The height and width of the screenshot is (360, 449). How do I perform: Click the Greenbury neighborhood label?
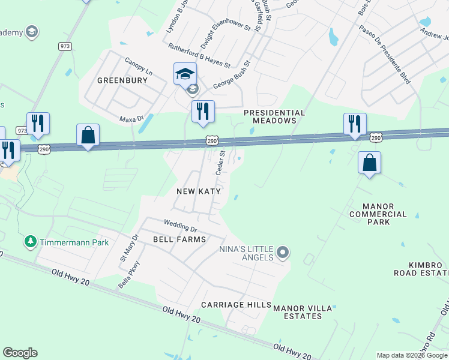pyautogui.click(x=122, y=80)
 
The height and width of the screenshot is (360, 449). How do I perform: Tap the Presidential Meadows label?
pyautogui.click(x=274, y=116)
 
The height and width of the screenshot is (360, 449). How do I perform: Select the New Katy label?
pyautogui.click(x=199, y=191)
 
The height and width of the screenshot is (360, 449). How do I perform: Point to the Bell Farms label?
pyautogui.click(x=179, y=239)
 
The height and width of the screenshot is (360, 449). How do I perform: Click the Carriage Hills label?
pyautogui.click(x=236, y=305)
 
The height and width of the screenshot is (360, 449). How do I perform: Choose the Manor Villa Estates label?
pyautogui.click(x=303, y=312)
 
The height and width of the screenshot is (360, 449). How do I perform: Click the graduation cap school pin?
pyautogui.click(x=185, y=74)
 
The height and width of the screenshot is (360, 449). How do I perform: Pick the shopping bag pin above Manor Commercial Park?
pyautogui.click(x=369, y=162)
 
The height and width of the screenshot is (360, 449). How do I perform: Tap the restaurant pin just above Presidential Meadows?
pyautogui.click(x=203, y=111)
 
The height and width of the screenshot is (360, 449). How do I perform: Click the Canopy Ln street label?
pyautogui.click(x=139, y=67)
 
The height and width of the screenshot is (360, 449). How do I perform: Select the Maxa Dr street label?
pyautogui.click(x=132, y=119)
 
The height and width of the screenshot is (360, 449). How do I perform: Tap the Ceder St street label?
pyautogui.click(x=221, y=163)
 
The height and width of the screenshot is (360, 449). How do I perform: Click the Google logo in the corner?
pyautogui.click(x=20, y=353)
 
